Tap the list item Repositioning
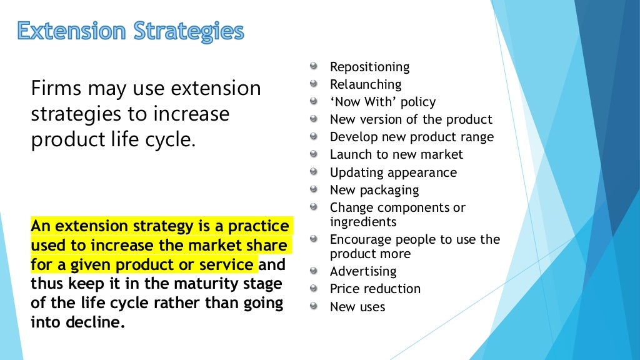point(369,67)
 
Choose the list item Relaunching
point(366,84)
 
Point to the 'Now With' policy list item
point(382,102)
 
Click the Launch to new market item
point(396,154)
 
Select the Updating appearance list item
point(393,172)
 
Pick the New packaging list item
point(374,190)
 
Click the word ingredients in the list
point(363,222)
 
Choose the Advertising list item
point(363,271)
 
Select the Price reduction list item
point(375,289)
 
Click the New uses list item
point(357,307)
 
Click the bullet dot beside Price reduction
point(314,287)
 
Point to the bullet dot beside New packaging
point(314,189)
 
